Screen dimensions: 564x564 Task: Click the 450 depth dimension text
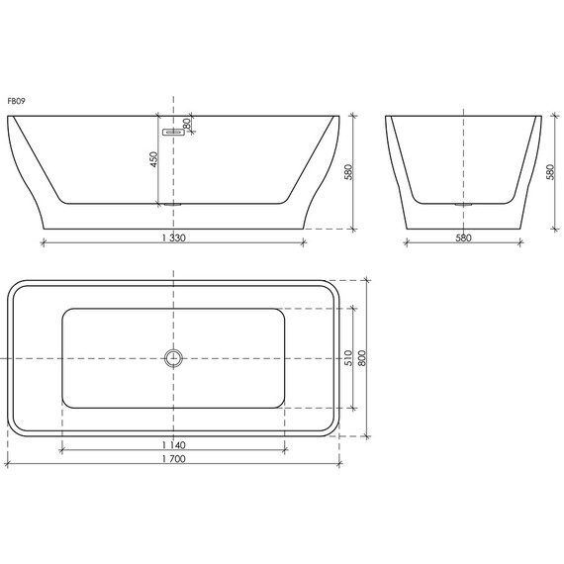tap(153, 160)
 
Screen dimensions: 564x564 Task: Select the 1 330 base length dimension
tap(173, 237)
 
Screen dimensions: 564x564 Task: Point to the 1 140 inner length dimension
tap(173, 446)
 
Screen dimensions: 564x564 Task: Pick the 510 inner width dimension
tap(346, 357)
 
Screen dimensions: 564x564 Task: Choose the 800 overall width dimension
tap(362, 357)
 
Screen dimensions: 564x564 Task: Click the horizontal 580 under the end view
tap(462, 237)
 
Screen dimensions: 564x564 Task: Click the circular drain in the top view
tap(174, 357)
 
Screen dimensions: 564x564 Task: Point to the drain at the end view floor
tap(462, 205)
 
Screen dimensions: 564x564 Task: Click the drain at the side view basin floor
tap(174, 205)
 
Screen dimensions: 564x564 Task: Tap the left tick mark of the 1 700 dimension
tap(4, 462)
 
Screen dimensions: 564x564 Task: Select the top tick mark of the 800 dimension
tap(369, 278)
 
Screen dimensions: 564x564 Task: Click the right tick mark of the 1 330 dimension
tap(304, 240)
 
